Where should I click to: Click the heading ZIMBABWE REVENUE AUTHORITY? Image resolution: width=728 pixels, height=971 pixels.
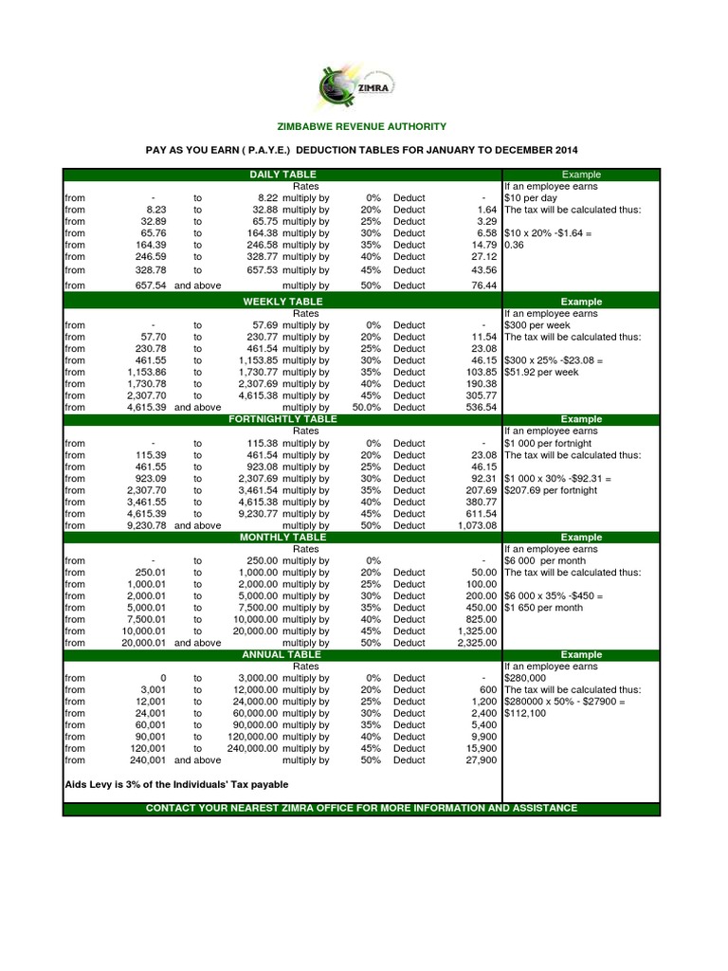[360, 127]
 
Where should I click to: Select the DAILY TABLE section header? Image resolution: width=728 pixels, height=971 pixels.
[282, 174]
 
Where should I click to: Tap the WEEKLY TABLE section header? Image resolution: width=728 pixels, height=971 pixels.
[282, 302]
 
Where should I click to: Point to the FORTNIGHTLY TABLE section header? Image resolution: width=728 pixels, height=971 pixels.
[282, 418]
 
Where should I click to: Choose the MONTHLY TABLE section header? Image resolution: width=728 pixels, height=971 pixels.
[282, 537]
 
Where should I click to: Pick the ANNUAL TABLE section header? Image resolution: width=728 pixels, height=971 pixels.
[282, 654]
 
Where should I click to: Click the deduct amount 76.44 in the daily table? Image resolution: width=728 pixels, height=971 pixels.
[483, 284]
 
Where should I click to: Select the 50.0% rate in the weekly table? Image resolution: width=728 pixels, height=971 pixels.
[366, 407]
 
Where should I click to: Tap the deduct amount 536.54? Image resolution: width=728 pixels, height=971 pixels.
[481, 407]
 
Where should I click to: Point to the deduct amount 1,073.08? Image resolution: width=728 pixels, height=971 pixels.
[477, 525]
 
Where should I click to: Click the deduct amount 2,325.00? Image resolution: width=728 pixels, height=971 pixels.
[477, 643]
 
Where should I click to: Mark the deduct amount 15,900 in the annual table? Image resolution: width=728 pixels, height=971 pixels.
[481, 748]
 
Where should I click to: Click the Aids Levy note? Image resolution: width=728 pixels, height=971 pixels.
[176, 784]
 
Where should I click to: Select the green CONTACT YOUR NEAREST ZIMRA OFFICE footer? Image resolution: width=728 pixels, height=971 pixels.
[360, 808]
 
